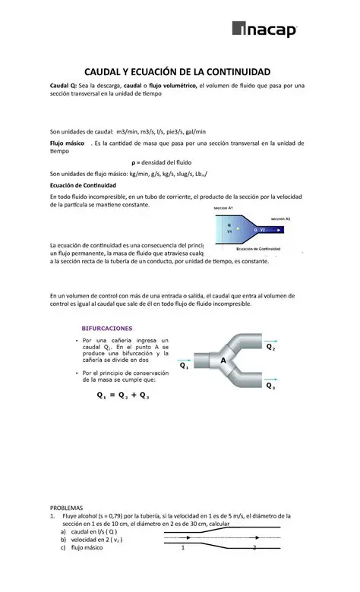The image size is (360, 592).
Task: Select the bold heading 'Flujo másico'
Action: [67, 143]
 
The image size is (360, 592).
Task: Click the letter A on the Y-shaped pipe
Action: [223, 361]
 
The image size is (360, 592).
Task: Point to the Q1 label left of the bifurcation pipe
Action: [184, 365]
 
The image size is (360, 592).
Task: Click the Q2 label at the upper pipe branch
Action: [270, 347]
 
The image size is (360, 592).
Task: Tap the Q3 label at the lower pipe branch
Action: [271, 386]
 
